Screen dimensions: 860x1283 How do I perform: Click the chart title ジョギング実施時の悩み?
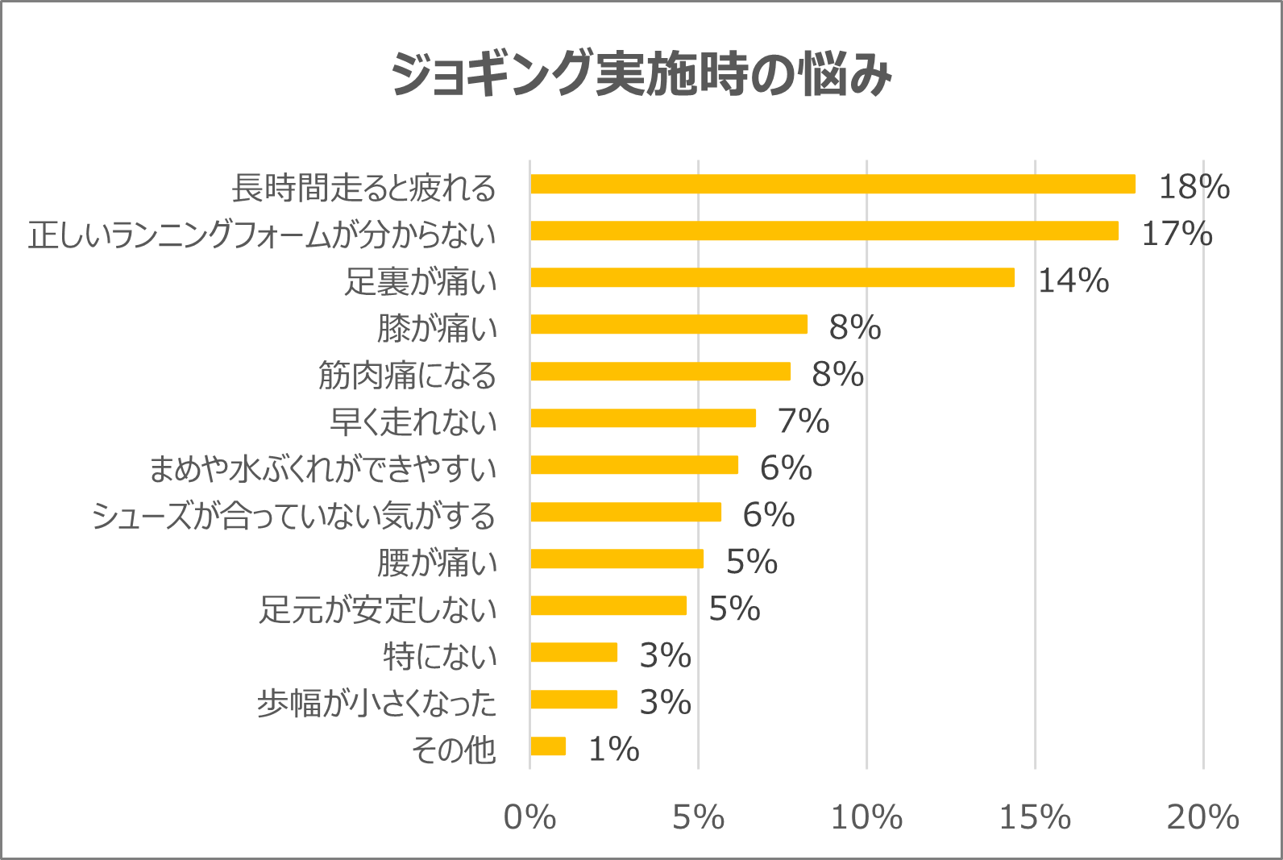coord(641,74)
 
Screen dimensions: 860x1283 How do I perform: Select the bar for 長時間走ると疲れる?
coord(832,185)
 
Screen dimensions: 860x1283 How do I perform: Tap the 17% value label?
coord(1177,234)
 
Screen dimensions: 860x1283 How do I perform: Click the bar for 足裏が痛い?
coord(772,278)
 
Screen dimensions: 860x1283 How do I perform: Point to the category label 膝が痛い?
coord(438,329)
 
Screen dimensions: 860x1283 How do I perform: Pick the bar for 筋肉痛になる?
coord(660,372)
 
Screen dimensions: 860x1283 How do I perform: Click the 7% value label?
coord(803,421)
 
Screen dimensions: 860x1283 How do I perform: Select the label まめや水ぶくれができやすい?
coord(323,469)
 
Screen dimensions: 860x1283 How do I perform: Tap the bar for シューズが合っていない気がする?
coord(625,513)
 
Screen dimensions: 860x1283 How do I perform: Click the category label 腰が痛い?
coord(438,563)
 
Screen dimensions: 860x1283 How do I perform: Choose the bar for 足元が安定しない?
coord(608,606)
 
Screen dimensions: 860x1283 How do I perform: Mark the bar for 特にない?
coord(574,653)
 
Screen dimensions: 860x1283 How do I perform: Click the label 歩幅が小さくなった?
coord(377,703)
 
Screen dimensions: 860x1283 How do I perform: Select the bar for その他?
coord(548,746)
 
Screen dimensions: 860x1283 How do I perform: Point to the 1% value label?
coord(613,750)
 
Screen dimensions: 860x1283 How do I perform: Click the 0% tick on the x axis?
coord(529,817)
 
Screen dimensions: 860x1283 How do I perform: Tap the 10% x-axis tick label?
coord(866,817)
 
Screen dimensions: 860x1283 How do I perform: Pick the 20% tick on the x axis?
coord(1202,817)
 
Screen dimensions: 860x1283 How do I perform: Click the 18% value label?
coord(1194,187)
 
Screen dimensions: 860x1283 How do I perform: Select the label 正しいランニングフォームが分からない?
coord(263,235)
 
